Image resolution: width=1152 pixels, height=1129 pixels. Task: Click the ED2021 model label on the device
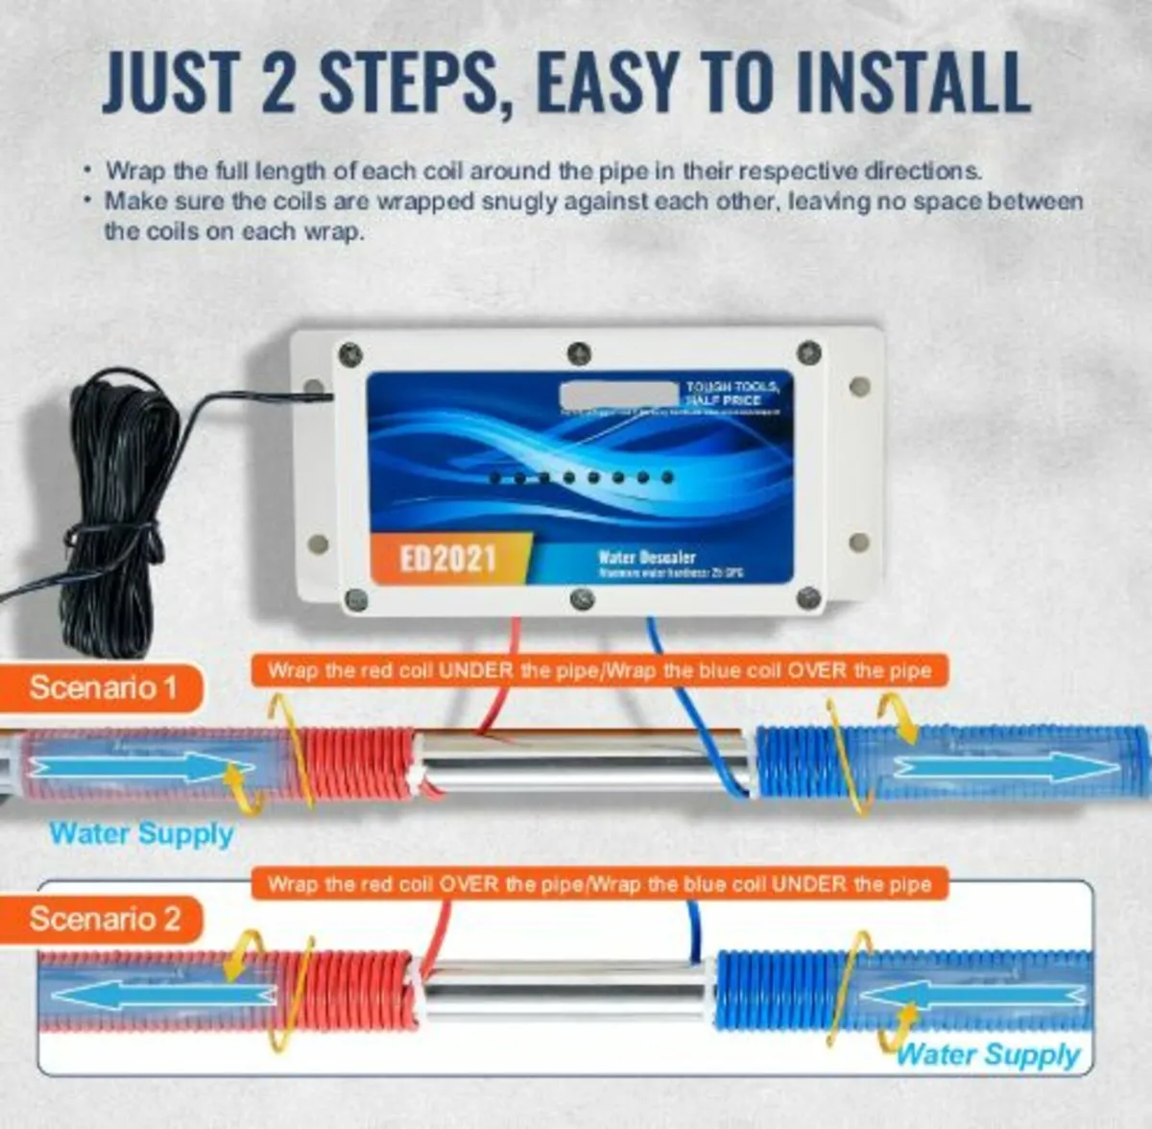point(447,558)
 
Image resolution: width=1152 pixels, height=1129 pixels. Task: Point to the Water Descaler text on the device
point(646,557)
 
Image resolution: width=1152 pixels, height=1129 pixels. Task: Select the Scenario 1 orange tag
point(103,687)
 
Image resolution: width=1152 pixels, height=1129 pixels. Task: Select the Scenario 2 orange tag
point(105,919)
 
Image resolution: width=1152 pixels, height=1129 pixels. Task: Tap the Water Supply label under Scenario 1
point(141,833)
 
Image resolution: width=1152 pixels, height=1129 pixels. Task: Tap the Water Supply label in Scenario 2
point(989,1055)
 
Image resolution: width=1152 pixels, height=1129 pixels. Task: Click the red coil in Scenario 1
point(355,765)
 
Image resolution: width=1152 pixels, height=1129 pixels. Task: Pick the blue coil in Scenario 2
point(778,989)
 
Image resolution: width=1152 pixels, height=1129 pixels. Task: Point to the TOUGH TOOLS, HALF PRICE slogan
point(732,393)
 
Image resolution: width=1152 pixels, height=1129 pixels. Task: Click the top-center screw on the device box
point(578,352)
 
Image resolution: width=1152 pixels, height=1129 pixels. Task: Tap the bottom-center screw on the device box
point(582,599)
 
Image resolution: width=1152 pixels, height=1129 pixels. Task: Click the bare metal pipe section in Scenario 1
point(581,761)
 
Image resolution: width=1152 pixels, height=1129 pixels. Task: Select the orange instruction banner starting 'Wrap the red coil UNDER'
point(599,670)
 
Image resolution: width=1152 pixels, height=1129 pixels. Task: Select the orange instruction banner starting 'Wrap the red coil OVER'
point(599,883)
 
